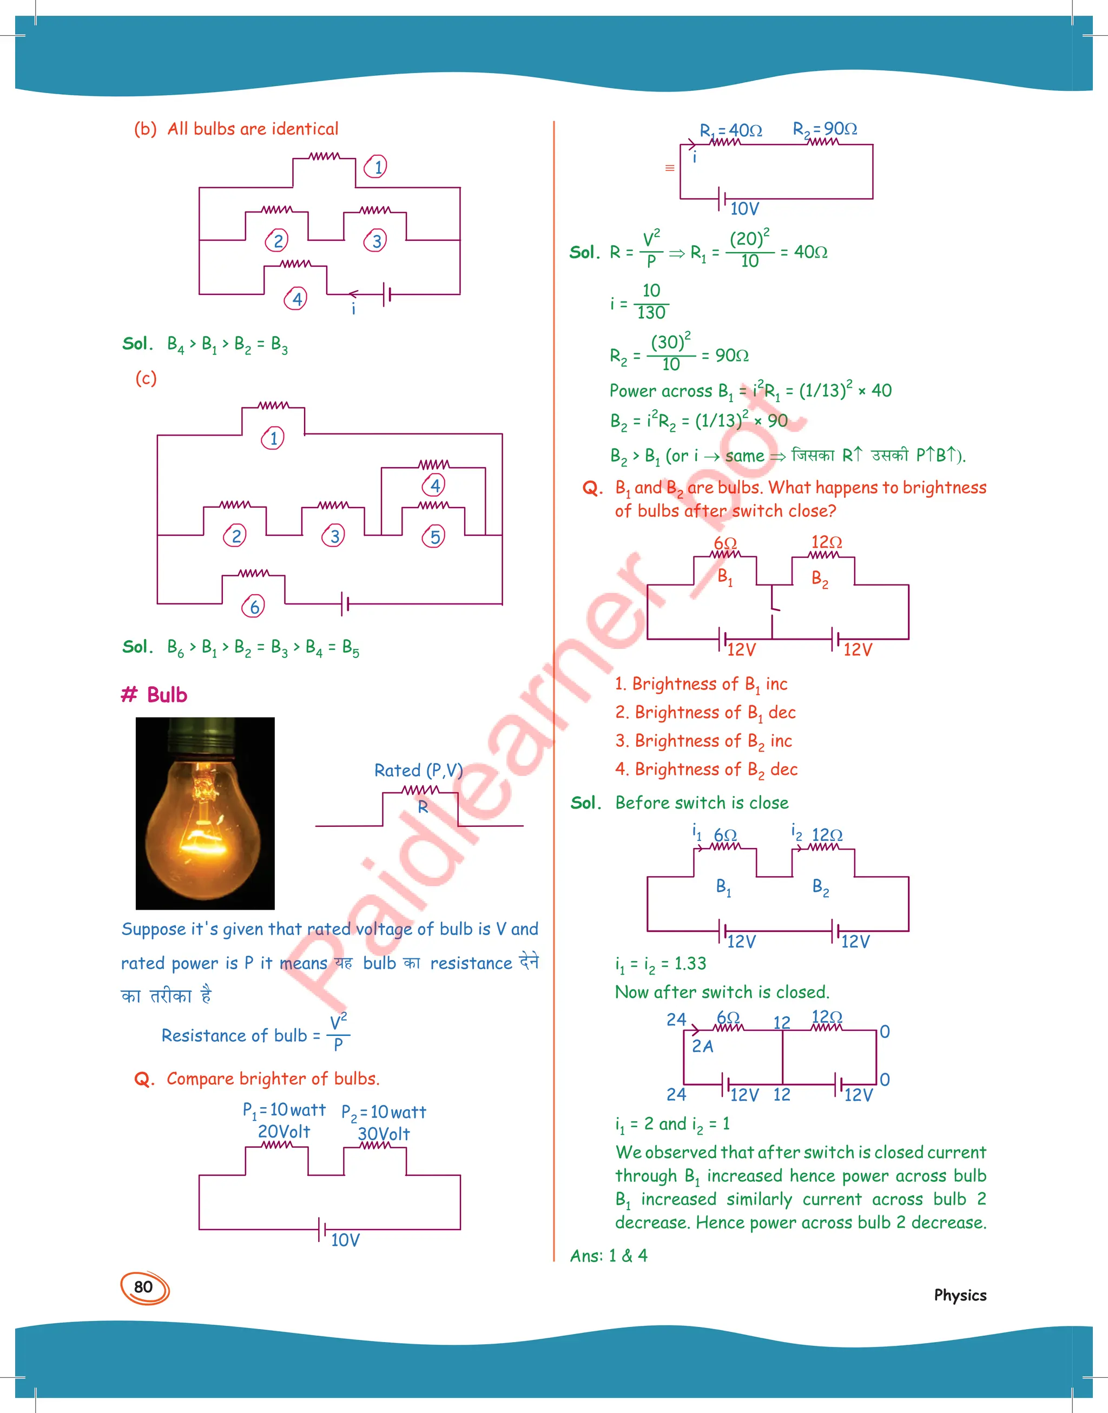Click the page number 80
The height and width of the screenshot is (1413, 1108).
(x=143, y=1287)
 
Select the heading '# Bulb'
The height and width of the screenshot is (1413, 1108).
(x=154, y=695)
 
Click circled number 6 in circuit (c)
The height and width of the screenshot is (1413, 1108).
(x=254, y=607)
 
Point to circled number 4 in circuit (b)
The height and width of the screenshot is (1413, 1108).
(x=296, y=299)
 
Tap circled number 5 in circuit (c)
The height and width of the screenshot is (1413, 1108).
(x=434, y=536)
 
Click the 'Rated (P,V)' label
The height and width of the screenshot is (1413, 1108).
(x=418, y=770)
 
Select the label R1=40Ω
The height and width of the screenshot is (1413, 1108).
(x=730, y=130)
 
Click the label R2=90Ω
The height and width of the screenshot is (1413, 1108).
(x=825, y=128)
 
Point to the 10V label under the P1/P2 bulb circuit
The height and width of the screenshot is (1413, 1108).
(x=345, y=1240)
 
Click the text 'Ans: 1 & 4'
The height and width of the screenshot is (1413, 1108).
(x=609, y=1256)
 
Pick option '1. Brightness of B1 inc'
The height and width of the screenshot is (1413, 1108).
(x=701, y=684)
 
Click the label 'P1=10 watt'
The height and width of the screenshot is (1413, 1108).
(x=283, y=1110)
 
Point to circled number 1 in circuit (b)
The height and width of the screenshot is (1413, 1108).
(x=376, y=167)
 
